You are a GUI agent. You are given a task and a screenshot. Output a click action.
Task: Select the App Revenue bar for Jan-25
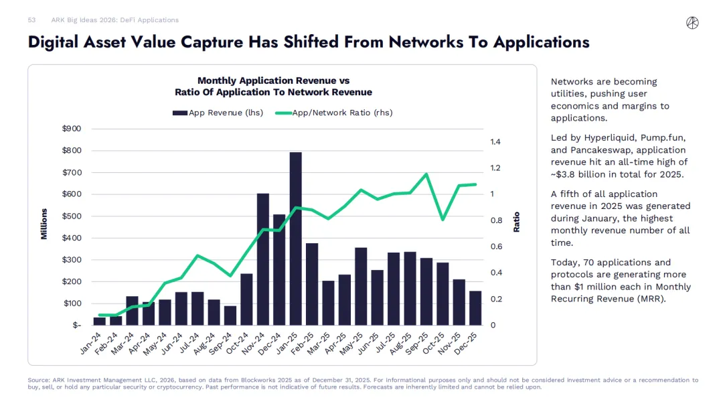point(295,239)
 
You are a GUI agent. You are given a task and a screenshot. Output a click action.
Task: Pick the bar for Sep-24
point(230,316)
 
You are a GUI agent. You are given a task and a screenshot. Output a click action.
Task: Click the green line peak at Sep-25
point(426,174)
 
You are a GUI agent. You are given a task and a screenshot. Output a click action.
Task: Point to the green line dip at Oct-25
point(443,219)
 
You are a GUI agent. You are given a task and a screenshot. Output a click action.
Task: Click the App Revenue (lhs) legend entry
point(218,113)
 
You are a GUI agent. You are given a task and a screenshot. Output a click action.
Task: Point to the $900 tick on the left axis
point(72,129)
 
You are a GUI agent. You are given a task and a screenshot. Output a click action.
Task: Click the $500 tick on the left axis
point(72,216)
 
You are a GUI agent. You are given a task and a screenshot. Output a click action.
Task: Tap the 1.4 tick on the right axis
point(496,142)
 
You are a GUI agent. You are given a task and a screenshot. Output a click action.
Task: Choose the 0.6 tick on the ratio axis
point(496,247)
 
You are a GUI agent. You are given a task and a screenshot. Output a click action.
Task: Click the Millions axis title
point(44,224)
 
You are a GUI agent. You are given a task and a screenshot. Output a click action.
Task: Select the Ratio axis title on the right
point(517,222)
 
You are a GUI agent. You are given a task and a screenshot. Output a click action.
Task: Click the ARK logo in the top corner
point(692,23)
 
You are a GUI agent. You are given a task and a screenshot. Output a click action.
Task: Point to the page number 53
point(31,20)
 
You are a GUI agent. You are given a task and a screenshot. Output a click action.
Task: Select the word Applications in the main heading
point(541,42)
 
